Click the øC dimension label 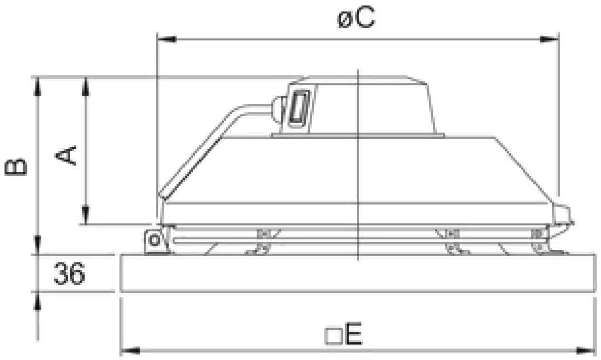(x=356, y=20)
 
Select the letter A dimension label (x=67, y=155)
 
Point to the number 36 (x=68, y=275)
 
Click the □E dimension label (x=344, y=336)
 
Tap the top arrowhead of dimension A (x=86, y=84)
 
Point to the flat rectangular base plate (x=356, y=273)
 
